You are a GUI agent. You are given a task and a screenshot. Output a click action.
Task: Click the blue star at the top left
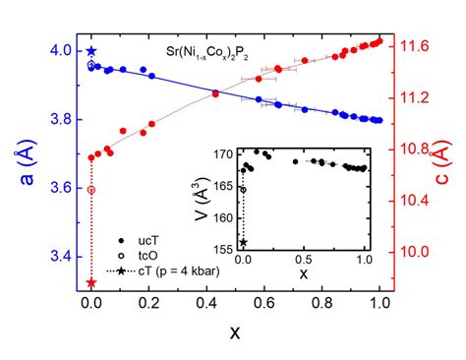click(91, 51)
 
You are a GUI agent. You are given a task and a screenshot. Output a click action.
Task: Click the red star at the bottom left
click(91, 283)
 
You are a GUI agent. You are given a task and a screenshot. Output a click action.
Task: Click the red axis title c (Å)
click(453, 162)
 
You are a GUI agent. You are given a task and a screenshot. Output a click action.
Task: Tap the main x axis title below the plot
click(235, 333)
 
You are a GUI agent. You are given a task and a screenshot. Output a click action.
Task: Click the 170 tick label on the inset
click(225, 155)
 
